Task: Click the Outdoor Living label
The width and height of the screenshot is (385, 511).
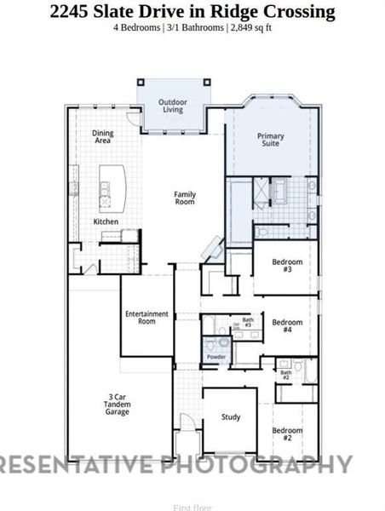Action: (173, 105)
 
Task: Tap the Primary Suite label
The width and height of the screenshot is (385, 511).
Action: (271, 141)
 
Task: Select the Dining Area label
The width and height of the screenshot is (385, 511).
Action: (103, 136)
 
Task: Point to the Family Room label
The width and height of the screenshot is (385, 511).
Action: (185, 198)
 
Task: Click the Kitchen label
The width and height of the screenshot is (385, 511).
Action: (106, 222)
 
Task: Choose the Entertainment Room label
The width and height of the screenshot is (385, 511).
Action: (147, 318)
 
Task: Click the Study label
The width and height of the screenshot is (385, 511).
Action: (230, 417)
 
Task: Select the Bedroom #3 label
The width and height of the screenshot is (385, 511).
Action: (287, 266)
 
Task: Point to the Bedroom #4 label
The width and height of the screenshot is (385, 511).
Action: (287, 325)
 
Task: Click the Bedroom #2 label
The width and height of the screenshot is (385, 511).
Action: (287, 433)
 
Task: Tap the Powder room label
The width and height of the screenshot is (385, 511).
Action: (216, 357)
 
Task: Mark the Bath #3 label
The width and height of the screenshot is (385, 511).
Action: (247, 322)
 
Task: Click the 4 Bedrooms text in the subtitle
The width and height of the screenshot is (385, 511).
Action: (137, 28)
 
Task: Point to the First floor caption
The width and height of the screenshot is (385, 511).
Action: (192, 508)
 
